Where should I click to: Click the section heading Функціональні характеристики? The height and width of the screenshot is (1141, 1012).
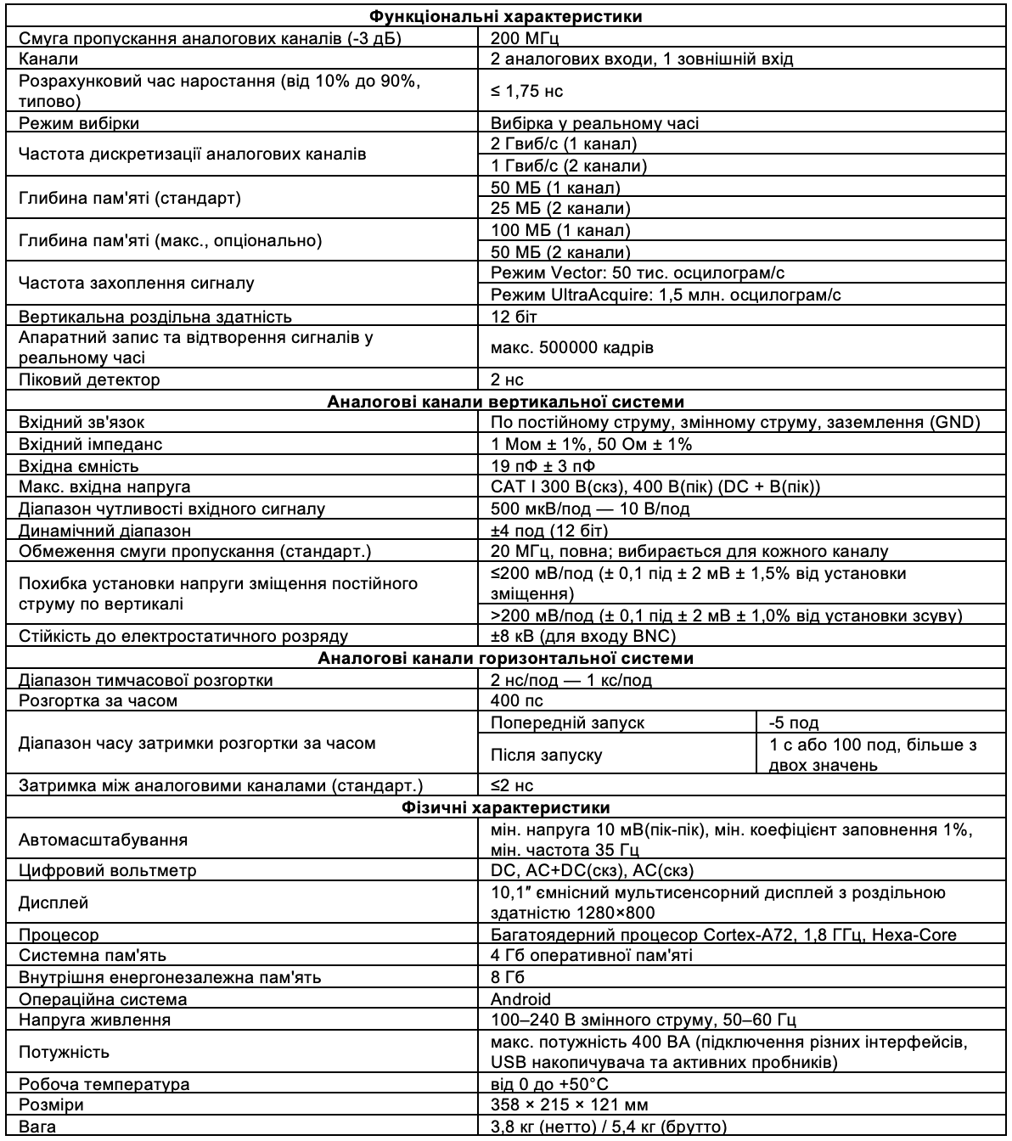[506, 16]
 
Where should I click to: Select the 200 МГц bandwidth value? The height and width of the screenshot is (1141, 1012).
[526, 37]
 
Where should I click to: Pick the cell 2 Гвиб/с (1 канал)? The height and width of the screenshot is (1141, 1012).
[564, 144]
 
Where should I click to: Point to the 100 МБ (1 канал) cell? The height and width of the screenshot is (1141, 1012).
[560, 230]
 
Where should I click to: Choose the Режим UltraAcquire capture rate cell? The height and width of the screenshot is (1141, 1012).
[666, 295]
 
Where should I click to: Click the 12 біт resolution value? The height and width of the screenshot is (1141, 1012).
[514, 317]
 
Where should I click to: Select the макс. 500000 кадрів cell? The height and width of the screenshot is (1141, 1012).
[572, 348]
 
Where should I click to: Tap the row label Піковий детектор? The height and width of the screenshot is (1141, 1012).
[89, 379]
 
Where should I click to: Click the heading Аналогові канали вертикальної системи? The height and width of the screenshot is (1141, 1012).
[506, 401]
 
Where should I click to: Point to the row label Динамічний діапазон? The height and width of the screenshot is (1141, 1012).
[104, 531]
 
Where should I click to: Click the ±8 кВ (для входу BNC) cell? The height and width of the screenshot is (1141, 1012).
[583, 636]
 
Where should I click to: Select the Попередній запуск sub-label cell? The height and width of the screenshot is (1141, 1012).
[567, 722]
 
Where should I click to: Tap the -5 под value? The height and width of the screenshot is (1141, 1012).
[793, 722]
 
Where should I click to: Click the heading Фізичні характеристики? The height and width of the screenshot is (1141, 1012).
[506, 807]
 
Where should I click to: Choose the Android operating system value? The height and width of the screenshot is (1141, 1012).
[520, 999]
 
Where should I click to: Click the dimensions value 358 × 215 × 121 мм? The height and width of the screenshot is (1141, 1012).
[570, 1105]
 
